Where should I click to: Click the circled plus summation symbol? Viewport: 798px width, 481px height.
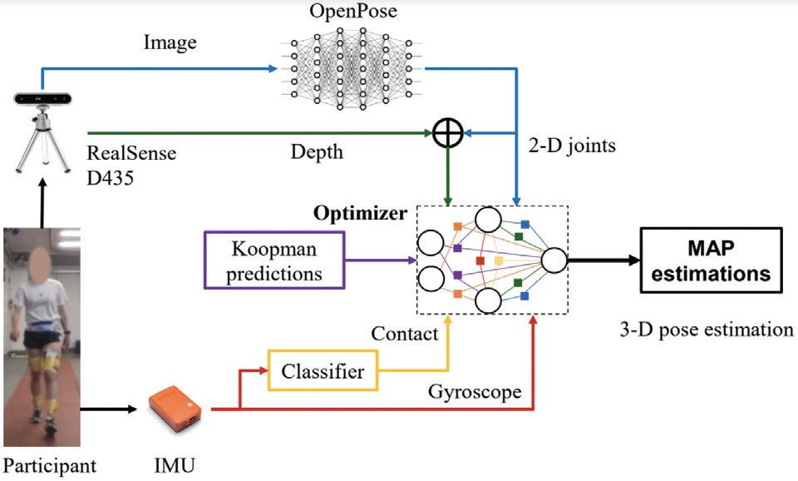point(448,133)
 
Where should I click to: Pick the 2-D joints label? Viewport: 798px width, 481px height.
point(575,146)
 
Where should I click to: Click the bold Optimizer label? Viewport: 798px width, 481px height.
point(360,213)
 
